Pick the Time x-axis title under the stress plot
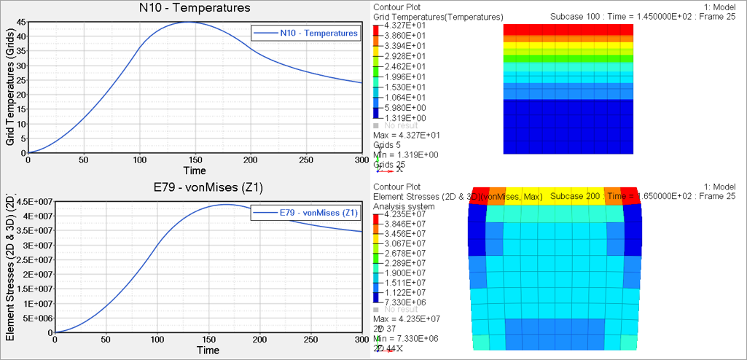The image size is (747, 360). pos(208,351)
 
